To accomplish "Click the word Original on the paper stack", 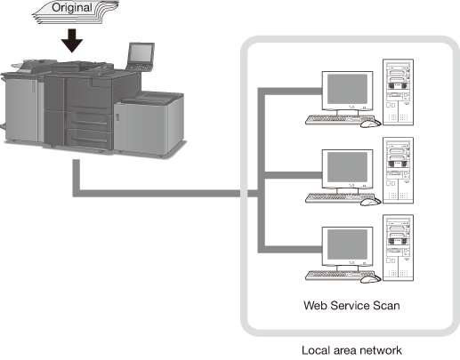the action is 72,8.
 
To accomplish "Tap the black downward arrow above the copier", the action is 72,41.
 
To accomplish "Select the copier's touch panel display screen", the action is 141,52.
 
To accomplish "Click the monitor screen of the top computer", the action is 347,88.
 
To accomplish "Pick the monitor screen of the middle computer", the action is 347,167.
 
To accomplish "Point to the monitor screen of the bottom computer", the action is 347,244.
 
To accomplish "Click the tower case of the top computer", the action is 398,92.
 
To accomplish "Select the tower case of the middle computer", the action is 398,171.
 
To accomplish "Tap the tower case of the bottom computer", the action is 398,248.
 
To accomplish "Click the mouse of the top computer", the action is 370,123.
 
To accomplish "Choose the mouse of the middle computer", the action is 370,201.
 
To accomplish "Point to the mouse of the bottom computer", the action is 370,279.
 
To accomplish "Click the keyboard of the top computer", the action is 338,120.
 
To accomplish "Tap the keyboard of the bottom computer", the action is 338,276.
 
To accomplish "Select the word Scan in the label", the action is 386,305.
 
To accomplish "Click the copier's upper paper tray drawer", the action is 89,122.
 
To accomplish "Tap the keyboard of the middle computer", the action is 338,198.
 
